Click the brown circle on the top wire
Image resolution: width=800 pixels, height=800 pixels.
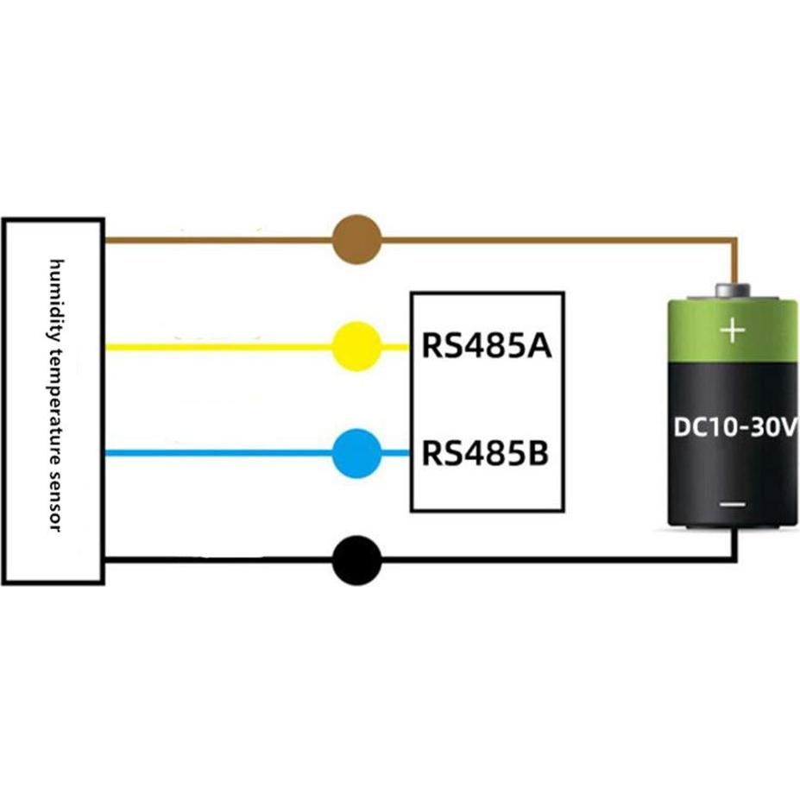(356, 240)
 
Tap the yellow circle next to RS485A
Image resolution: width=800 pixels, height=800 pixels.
(356, 347)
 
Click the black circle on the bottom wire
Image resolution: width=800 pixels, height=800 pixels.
(356, 560)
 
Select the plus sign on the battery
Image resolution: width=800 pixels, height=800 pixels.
(732, 330)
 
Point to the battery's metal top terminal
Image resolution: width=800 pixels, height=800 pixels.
(734, 290)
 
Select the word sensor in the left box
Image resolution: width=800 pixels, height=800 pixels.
(56, 501)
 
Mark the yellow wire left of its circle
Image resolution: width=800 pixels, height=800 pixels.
(216, 347)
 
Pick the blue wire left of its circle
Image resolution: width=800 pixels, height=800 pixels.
(216, 453)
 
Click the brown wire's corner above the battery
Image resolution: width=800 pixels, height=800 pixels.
(734, 241)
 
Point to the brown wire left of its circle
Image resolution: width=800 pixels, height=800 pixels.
(216, 240)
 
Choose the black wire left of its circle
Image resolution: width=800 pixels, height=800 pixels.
(216, 560)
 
